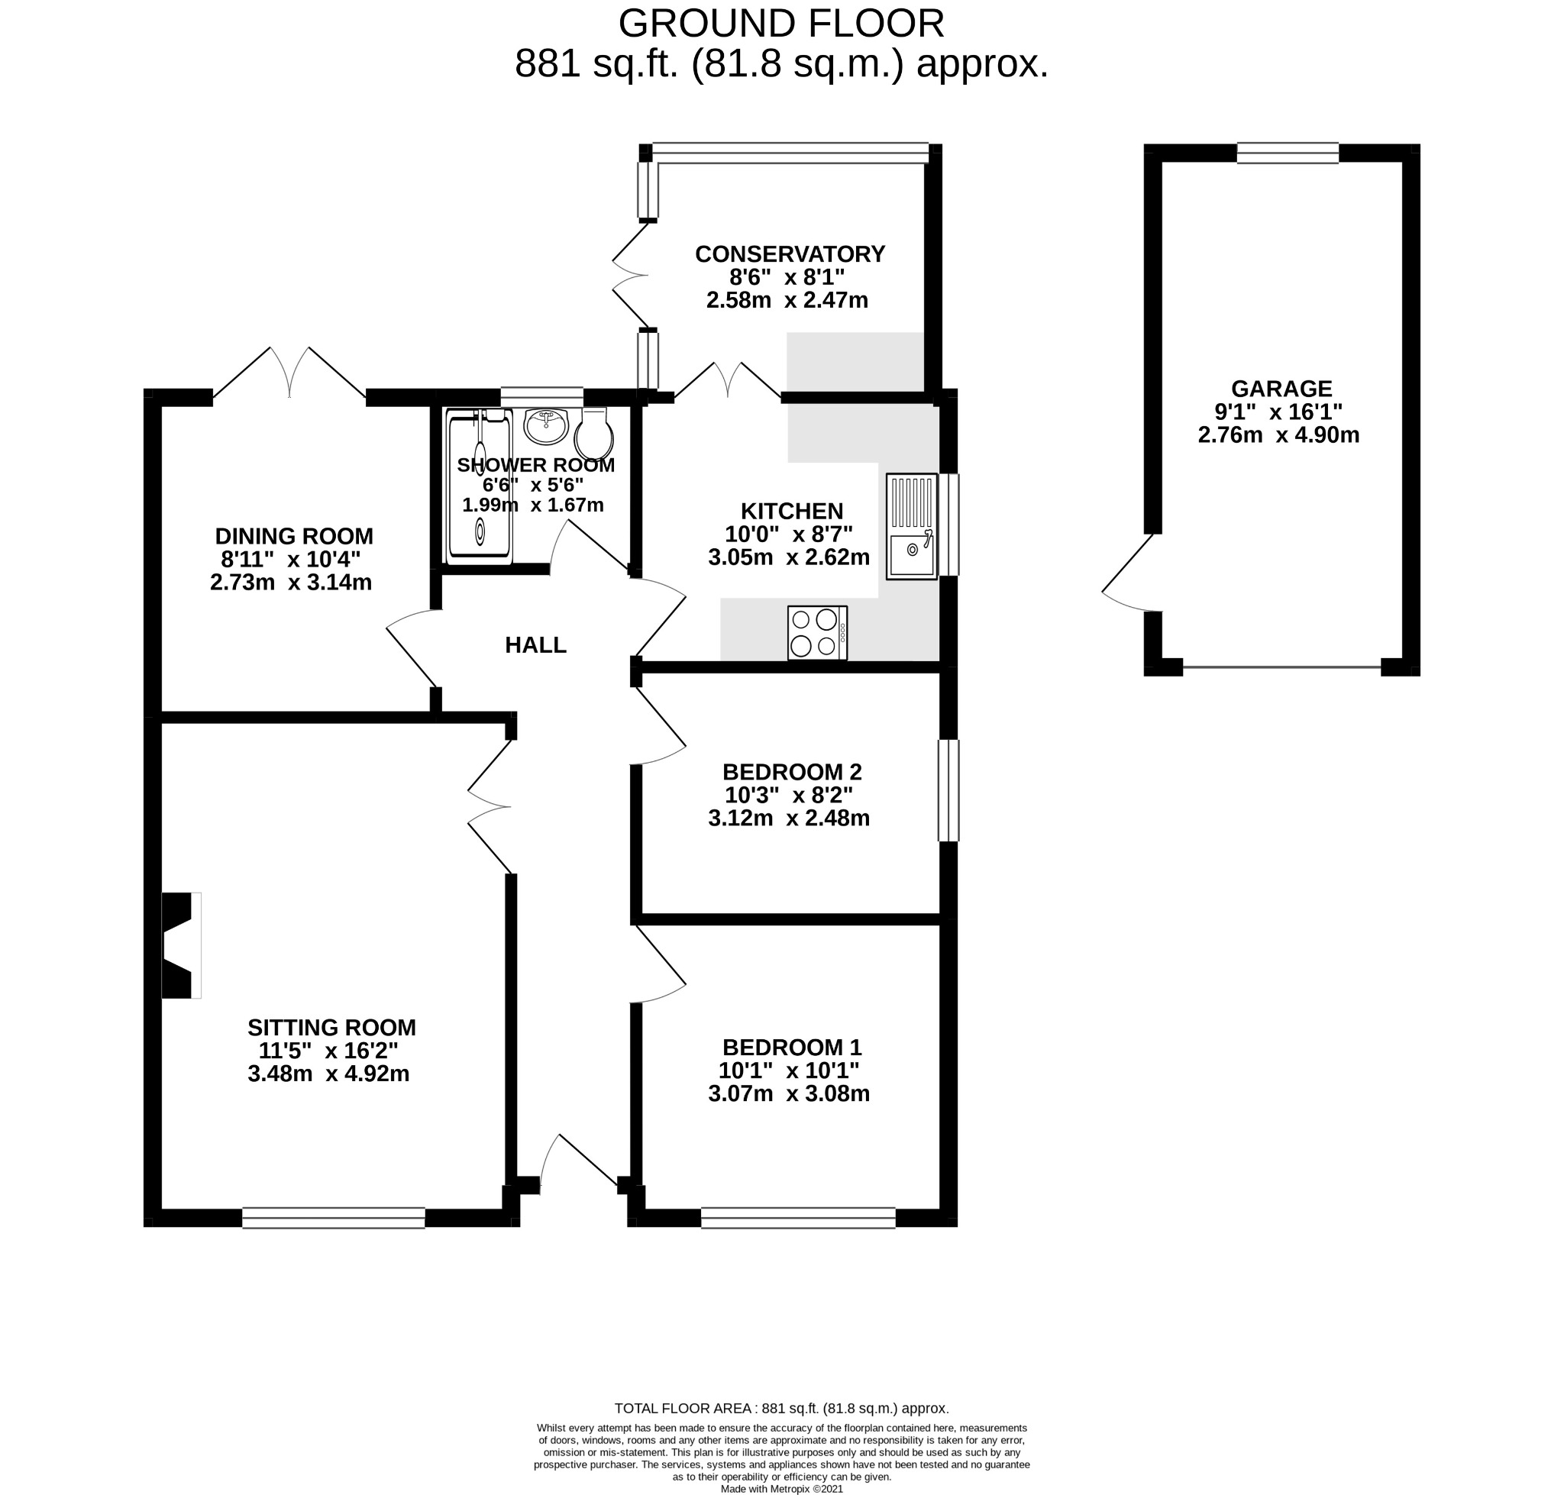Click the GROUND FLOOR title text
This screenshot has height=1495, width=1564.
pos(780,23)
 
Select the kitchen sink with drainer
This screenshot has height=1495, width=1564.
pos(910,525)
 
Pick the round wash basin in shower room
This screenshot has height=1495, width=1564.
pos(545,425)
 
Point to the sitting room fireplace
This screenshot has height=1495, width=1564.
pos(180,944)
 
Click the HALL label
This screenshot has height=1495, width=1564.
pos(535,644)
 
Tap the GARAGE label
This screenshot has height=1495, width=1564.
pos(1280,389)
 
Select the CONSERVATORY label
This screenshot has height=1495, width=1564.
pos(789,253)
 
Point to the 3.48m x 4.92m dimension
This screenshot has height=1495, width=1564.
pos(328,1074)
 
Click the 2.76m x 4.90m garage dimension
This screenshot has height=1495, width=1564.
pos(1278,435)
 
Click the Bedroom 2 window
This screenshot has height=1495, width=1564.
pos(947,790)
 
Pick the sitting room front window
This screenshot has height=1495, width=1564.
pos(333,1218)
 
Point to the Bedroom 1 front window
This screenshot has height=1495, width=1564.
pos(797,1218)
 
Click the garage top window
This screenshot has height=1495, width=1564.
pos(1287,153)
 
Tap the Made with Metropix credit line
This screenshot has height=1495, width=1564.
pos(780,1488)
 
